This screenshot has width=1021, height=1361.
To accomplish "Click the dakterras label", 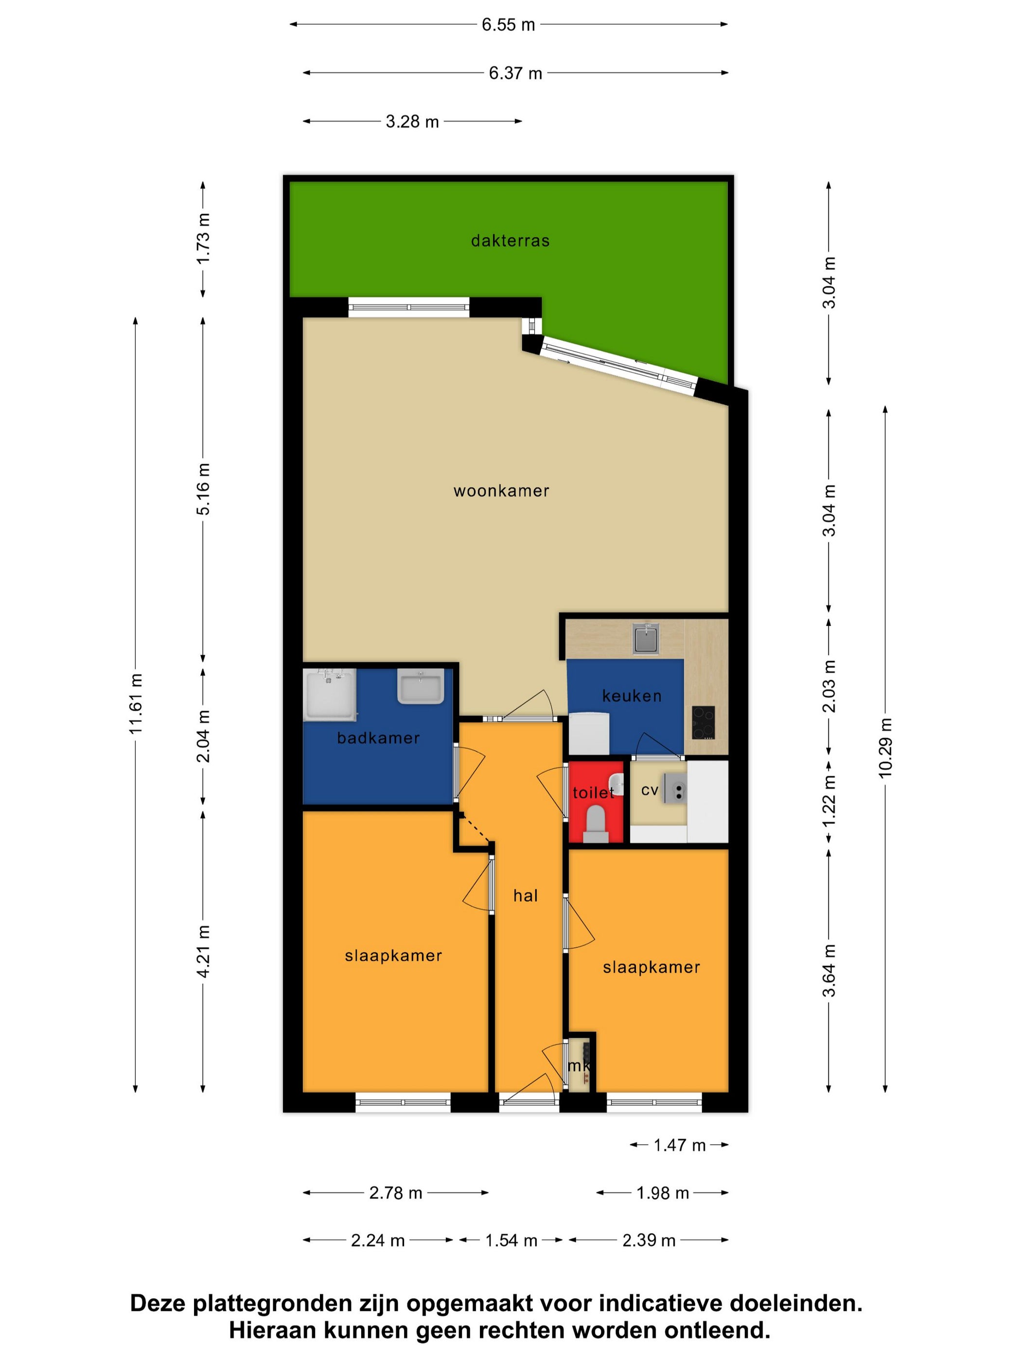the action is click(510, 241).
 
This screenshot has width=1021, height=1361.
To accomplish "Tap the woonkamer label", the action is click(501, 491).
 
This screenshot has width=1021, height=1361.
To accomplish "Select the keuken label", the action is click(632, 696).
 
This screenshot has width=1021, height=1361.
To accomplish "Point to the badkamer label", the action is click(378, 738).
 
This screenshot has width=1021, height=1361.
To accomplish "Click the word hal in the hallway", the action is click(526, 896).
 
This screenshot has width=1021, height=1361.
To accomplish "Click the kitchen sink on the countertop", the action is click(646, 639).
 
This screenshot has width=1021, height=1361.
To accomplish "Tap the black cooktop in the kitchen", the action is click(704, 722).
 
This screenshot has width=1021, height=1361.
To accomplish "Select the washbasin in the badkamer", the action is click(421, 687).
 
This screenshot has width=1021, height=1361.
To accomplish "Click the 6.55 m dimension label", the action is click(509, 25).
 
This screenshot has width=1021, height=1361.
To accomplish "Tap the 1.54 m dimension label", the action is click(511, 1240).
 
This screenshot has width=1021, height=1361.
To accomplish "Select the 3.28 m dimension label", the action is click(412, 122).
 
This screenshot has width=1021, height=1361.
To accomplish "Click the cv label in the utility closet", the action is click(650, 790).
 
